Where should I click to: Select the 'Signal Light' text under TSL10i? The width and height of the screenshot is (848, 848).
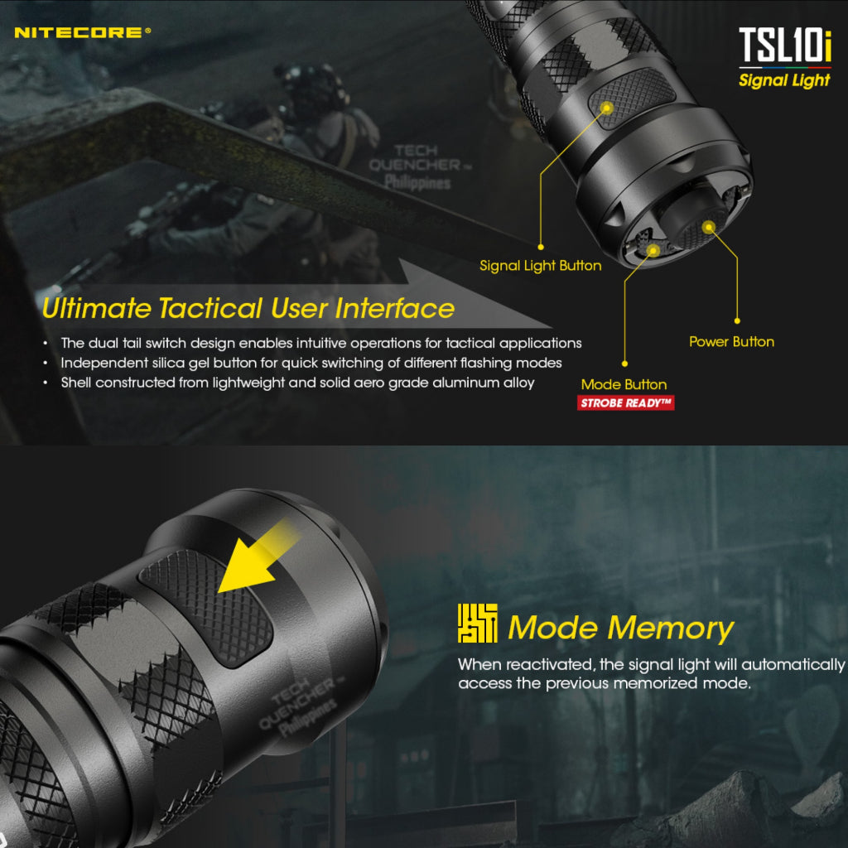click(784, 80)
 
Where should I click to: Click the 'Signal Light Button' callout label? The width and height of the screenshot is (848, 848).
click(540, 266)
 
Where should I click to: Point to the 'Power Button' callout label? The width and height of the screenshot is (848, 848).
click(731, 341)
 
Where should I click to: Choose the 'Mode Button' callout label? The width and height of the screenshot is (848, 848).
click(624, 384)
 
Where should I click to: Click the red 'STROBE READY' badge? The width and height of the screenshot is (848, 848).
click(626, 403)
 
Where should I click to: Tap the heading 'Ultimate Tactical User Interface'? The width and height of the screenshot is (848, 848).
click(248, 309)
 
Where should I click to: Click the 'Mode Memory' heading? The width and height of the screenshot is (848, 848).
click(620, 628)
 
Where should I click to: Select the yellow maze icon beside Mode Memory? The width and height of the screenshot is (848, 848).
click(477, 624)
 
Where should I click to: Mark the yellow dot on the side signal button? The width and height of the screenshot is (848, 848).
click(606, 107)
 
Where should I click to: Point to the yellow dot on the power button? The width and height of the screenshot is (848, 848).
click(708, 225)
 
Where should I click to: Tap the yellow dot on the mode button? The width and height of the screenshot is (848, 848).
click(653, 248)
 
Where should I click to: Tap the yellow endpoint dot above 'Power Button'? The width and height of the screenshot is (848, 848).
click(736, 320)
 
